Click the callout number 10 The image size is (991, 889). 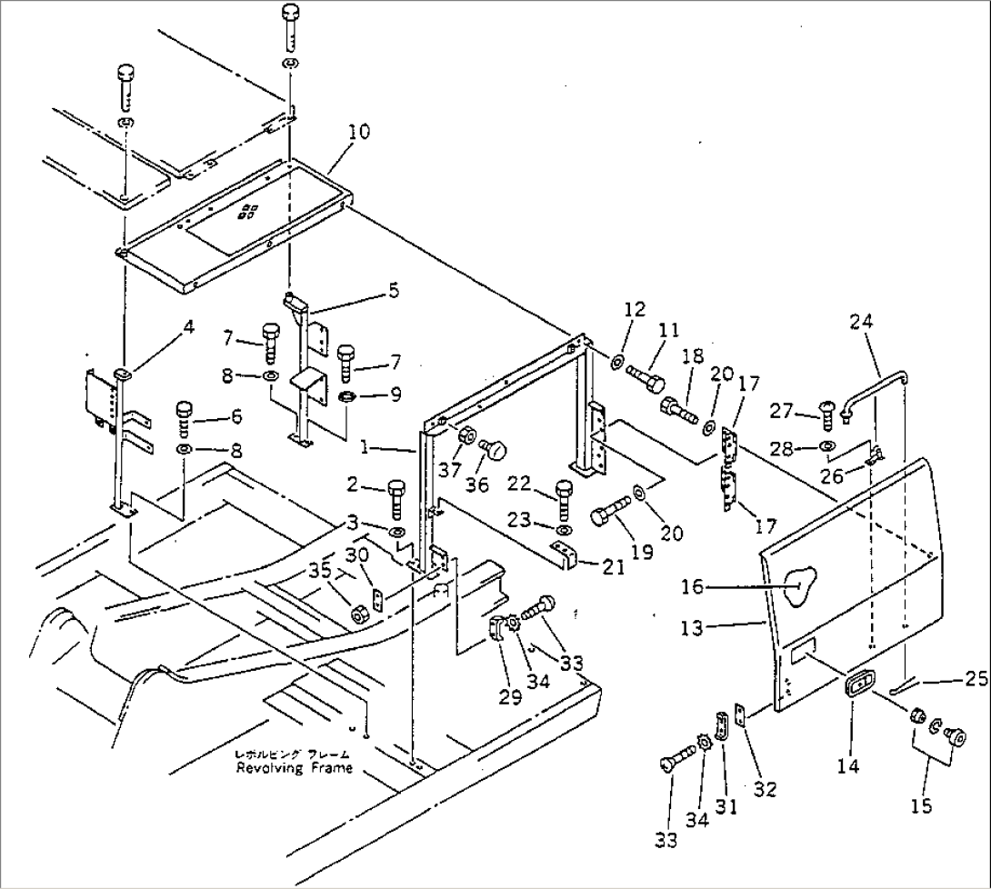358,132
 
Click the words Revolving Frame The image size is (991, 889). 294,768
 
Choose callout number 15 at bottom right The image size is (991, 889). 923,804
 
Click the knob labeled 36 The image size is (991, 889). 495,449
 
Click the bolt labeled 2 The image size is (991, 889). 397,495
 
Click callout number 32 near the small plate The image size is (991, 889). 766,790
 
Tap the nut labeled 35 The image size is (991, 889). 360,614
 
